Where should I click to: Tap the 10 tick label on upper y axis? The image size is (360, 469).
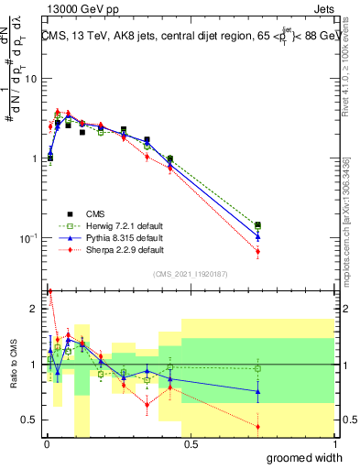click(x=28, y=79)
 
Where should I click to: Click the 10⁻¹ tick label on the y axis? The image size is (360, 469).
click(x=27, y=238)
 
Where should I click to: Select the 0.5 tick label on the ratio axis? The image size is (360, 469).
click(x=29, y=420)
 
